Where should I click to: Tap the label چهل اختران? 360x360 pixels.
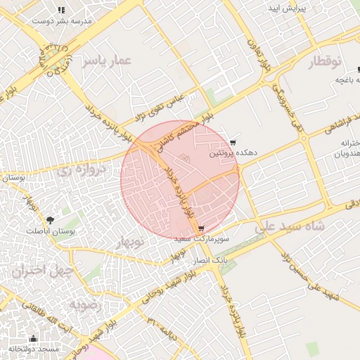[38, 270]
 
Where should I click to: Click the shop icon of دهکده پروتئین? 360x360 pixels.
[233, 143]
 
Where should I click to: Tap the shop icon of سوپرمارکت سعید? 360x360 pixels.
[202, 229]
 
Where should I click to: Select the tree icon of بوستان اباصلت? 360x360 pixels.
[50, 221]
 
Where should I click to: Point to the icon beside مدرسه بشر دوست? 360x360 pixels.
[61, 11]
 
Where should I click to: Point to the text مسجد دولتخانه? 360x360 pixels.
[34, 349]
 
